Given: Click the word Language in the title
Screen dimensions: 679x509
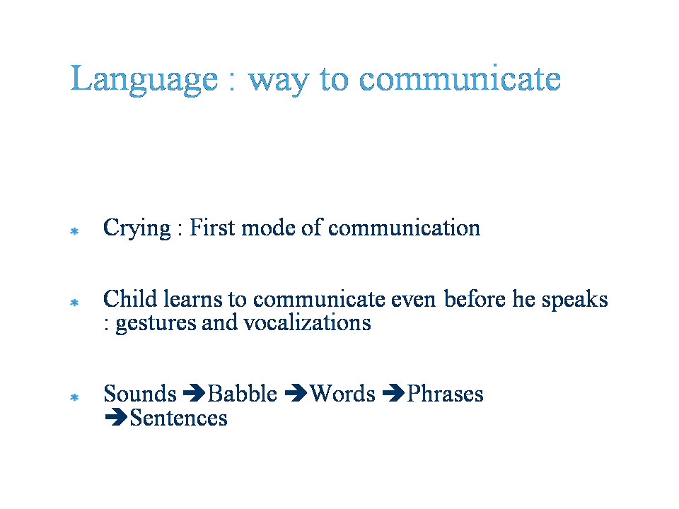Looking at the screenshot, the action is tap(144, 80).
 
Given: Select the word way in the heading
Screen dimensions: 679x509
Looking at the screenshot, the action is tap(279, 82).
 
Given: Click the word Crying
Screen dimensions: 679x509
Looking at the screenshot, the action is tap(137, 228).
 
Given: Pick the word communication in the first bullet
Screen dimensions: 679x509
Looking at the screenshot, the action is tap(405, 227).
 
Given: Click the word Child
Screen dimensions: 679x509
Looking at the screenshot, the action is tap(130, 298).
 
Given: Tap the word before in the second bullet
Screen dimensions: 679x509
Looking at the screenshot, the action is tap(475, 298).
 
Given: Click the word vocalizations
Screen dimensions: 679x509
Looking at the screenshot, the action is tap(307, 322).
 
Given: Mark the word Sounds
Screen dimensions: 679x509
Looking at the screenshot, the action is tap(140, 394).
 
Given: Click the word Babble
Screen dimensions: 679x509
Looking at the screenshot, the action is tap(243, 394).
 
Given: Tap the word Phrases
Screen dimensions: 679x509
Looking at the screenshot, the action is tap(445, 394).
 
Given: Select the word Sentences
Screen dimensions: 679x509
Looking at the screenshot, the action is tap(178, 418).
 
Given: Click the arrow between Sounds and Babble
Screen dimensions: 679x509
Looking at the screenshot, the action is tap(194, 393).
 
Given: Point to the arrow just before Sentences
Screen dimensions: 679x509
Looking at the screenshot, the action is tap(116, 417).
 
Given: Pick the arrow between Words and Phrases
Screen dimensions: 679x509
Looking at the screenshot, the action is tap(394, 393).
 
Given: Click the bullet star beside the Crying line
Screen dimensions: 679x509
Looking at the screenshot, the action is tap(74, 231).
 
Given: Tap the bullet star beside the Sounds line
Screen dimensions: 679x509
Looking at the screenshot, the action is tap(74, 397).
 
